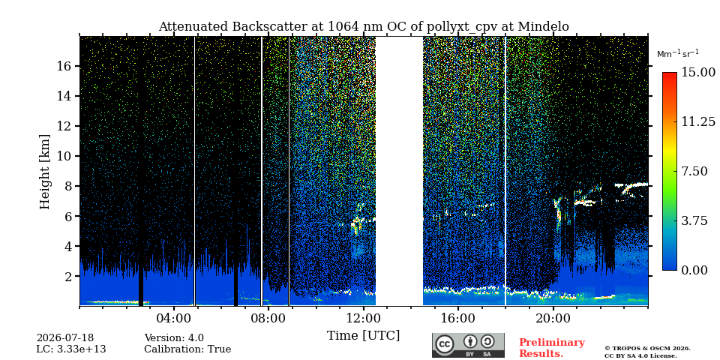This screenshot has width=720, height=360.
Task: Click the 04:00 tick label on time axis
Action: [174, 318]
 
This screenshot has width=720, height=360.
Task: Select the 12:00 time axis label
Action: [363, 318]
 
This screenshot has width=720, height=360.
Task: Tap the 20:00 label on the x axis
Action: [553, 318]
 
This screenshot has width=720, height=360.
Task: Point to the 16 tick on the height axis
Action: [64, 66]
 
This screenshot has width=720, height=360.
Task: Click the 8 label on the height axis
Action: [68, 187]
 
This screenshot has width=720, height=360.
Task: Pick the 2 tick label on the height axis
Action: [68, 277]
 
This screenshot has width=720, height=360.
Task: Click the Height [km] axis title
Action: [44, 172]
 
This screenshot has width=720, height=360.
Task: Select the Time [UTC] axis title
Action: [363, 335]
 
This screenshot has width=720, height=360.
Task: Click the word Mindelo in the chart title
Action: [544, 27]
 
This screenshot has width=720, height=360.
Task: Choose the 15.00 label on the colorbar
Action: [698, 73]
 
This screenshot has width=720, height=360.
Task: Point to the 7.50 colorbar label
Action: [695, 171]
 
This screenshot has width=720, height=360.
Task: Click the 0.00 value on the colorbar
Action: [695, 271]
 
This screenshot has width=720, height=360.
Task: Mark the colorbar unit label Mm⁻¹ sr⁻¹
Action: [678, 54]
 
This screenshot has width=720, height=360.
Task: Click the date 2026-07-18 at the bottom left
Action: [65, 338]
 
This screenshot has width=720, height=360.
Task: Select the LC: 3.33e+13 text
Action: [71, 349]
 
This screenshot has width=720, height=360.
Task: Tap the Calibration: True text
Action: [187, 349]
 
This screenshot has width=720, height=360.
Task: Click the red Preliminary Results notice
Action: [552, 348]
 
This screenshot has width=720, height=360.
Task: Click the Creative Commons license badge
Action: [468, 345]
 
